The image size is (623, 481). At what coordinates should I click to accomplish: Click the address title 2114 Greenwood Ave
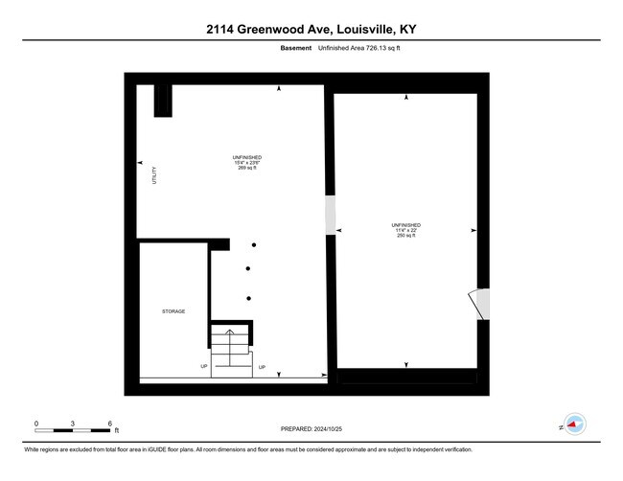pos(311,30)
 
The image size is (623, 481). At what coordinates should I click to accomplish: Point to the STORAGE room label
pos(173,311)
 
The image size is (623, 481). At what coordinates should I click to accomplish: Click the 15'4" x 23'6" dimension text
pos(246,162)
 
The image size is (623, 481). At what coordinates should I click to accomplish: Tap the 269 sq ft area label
pos(246,168)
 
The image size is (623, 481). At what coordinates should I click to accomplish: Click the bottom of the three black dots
pos(248,298)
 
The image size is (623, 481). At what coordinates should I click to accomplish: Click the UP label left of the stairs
pos(204,366)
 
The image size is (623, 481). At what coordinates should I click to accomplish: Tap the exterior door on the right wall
pos(480,304)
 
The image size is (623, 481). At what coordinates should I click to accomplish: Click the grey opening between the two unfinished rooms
pos(331,216)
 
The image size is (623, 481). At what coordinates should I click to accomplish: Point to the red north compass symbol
pos(573,423)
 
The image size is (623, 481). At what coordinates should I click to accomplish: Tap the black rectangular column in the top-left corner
pos(163,100)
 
